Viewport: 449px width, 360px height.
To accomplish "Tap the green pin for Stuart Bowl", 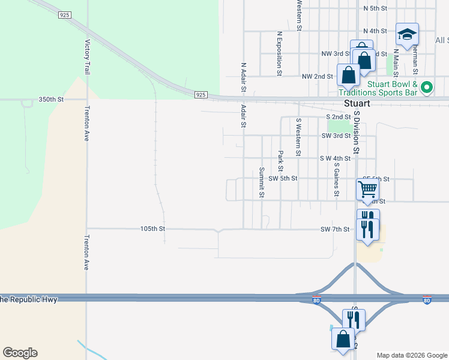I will coord(427,88).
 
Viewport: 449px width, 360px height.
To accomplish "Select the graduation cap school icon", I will coord(407,35).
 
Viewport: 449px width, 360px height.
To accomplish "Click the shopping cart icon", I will coord(367,188).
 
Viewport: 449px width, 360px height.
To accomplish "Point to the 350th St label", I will coord(51,99).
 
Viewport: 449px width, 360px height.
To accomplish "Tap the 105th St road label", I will coord(152,229).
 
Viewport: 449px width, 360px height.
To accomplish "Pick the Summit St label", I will coord(262,182).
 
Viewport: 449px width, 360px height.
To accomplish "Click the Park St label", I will coord(280,161).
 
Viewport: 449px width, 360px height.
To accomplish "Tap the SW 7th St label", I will coord(335,229).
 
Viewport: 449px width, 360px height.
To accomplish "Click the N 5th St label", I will coord(376,8).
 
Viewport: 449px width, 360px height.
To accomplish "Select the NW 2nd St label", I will coord(317,76).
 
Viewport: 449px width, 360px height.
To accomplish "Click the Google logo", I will coord(20,353).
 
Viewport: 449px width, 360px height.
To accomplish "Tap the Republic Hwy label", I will coord(29,299).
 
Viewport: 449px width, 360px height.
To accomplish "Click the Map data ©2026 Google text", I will coord(411,355).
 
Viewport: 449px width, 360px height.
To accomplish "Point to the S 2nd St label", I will coord(338,117).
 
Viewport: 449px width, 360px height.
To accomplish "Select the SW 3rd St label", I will coord(336,136).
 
